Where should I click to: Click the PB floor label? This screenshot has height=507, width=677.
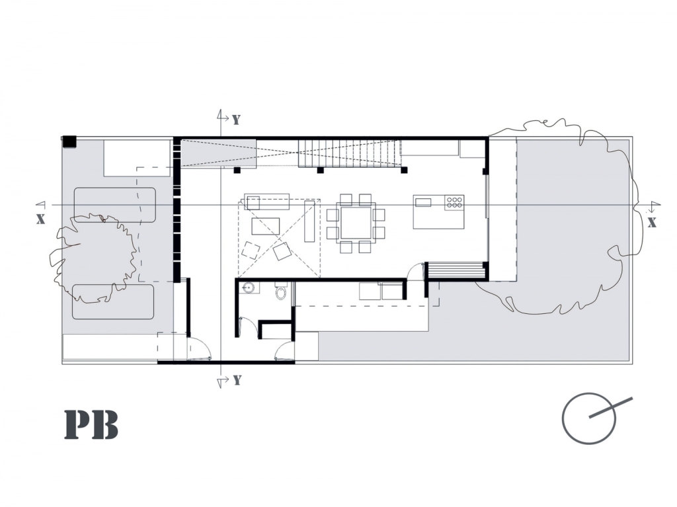click(x=91, y=425)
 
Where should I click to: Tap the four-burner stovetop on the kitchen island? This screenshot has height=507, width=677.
click(x=454, y=202)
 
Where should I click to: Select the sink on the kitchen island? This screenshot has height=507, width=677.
click(x=423, y=202)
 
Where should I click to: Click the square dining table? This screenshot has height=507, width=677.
click(x=356, y=223)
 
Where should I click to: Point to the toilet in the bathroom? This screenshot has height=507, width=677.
click(x=281, y=292)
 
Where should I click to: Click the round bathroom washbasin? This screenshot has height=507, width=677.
click(x=249, y=288)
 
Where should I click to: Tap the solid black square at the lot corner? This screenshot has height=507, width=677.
click(x=69, y=141)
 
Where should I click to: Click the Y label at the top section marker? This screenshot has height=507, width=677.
click(x=236, y=120)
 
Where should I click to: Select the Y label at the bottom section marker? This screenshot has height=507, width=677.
click(x=237, y=380)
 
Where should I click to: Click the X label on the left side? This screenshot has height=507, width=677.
click(x=40, y=219)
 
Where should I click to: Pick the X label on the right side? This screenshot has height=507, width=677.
click(x=652, y=223)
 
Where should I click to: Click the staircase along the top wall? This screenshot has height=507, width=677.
click(x=350, y=153)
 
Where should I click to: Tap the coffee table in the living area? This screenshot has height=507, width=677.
click(x=266, y=226)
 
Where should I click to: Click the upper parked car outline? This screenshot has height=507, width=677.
click(x=115, y=205)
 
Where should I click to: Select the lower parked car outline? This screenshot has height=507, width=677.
click(x=113, y=301)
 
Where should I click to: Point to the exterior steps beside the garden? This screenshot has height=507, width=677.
click(x=456, y=271)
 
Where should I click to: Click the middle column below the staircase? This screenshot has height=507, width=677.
click(x=321, y=170)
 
